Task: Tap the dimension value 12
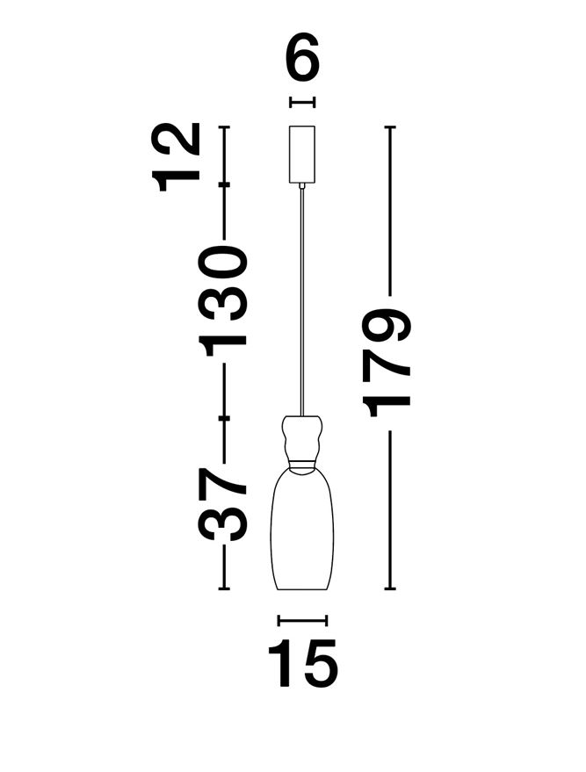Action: click(177, 156)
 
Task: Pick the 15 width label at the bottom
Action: click(302, 664)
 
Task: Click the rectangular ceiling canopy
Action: click(302, 154)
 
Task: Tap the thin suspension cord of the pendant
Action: click(302, 299)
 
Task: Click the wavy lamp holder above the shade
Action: click(302, 437)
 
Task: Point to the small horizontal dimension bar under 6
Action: click(302, 103)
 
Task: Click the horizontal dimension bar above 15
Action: click(302, 620)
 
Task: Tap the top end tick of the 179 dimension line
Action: click(390, 127)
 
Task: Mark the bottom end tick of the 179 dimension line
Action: click(390, 588)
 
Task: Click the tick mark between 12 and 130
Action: click(224, 184)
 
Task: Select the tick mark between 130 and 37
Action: click(224, 419)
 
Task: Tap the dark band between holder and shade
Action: click(302, 462)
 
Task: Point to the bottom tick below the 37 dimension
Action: click(224, 588)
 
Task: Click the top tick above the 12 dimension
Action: click(224, 127)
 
